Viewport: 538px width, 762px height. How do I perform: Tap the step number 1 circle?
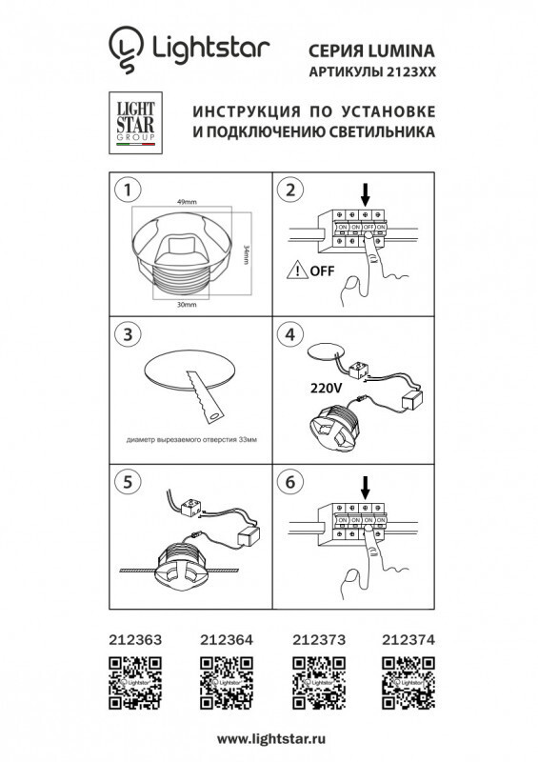point(122,190)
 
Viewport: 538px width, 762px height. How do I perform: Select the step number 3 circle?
point(122,334)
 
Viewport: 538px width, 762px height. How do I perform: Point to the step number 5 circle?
point(122,482)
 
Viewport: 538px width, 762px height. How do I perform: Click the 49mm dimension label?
point(187,204)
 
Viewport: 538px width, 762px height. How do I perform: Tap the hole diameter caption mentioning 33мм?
point(191,441)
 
